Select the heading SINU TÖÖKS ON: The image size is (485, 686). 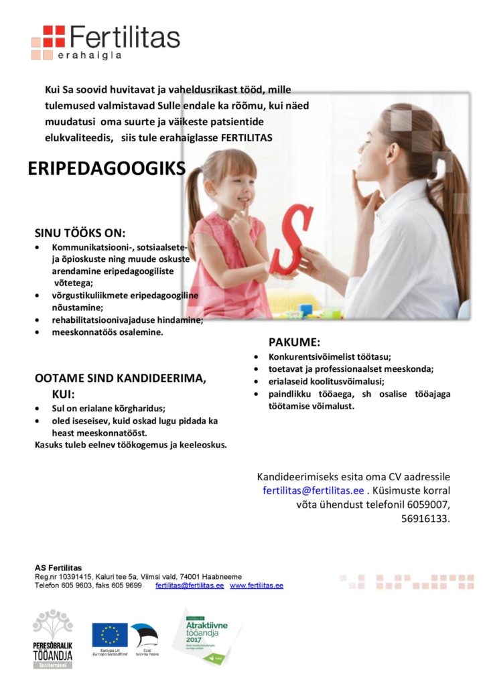(x=80, y=233)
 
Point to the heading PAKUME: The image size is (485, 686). (x=295, y=342)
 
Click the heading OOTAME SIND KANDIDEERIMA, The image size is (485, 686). (x=121, y=379)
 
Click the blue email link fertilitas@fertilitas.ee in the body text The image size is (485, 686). (x=313, y=490)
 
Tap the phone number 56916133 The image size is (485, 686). (x=425, y=518)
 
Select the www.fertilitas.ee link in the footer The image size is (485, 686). (x=257, y=585)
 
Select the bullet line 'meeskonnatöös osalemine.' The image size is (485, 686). (x=107, y=332)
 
